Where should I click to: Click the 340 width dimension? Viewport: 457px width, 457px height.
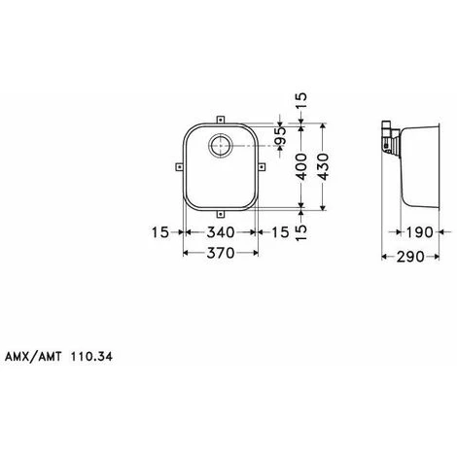pyautogui.click(x=219, y=231)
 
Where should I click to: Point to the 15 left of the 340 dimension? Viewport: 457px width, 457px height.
pyautogui.click(x=161, y=231)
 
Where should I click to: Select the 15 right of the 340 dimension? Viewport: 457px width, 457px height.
pyautogui.click(x=279, y=231)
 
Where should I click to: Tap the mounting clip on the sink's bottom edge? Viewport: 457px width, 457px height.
pyautogui.click(x=219, y=213)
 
